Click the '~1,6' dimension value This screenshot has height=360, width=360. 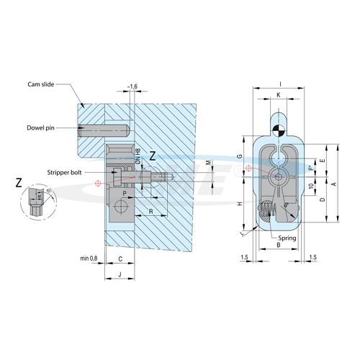[x=132, y=86]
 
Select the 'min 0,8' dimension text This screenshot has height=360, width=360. [x=90, y=257]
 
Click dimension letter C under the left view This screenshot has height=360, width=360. [x=120, y=257]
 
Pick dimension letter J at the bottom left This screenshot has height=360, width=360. [x=120, y=274]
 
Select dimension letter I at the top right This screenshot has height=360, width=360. [x=280, y=84]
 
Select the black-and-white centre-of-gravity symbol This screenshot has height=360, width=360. [x=279, y=130]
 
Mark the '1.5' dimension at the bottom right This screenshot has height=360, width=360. [x=313, y=257]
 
